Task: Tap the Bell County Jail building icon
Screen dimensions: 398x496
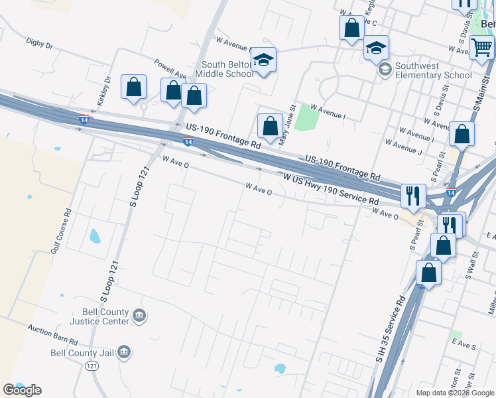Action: (124, 353)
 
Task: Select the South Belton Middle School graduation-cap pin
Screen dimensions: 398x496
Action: (264, 60)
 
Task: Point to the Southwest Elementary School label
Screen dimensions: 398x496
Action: (433, 70)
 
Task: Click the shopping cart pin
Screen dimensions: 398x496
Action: (481, 47)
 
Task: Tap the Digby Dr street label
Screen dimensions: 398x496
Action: (39, 44)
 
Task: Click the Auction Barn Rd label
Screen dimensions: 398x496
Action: (53, 335)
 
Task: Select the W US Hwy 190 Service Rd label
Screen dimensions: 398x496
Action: (331, 189)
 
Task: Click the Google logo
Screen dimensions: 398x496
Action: (22, 390)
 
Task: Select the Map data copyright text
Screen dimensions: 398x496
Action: (455, 393)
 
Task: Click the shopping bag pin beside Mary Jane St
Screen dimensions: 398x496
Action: (270, 125)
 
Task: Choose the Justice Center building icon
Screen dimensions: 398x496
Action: (139, 315)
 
